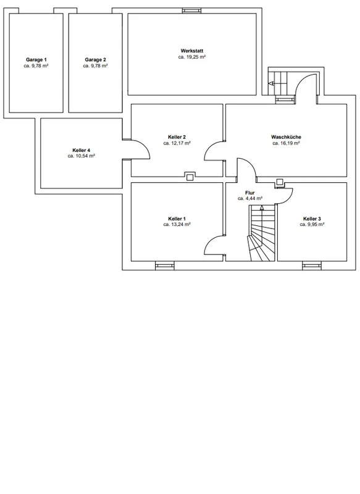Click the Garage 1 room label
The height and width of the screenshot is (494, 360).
(36, 59)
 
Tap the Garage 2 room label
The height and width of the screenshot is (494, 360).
(96, 59)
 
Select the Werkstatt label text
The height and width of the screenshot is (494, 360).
(192, 51)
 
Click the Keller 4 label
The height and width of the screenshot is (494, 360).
(82, 150)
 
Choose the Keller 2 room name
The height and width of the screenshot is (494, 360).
(177, 137)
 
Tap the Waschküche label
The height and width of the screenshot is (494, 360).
(286, 137)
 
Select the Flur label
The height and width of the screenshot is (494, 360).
(249, 193)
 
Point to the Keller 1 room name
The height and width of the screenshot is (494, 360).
(177, 219)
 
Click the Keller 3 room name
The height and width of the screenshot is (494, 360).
(312, 219)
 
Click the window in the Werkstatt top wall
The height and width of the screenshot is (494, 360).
(192, 10)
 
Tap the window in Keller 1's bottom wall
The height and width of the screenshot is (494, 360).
(165, 266)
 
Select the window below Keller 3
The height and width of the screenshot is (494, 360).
(312, 266)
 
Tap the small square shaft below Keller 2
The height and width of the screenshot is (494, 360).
(190, 177)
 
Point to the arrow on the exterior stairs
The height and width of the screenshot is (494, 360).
(272, 83)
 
